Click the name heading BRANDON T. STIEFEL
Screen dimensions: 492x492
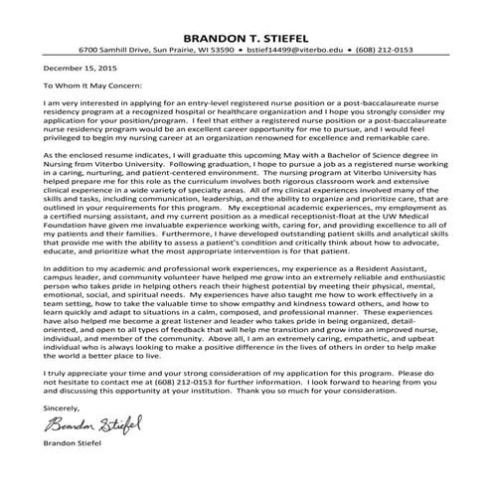[x=246, y=29]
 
